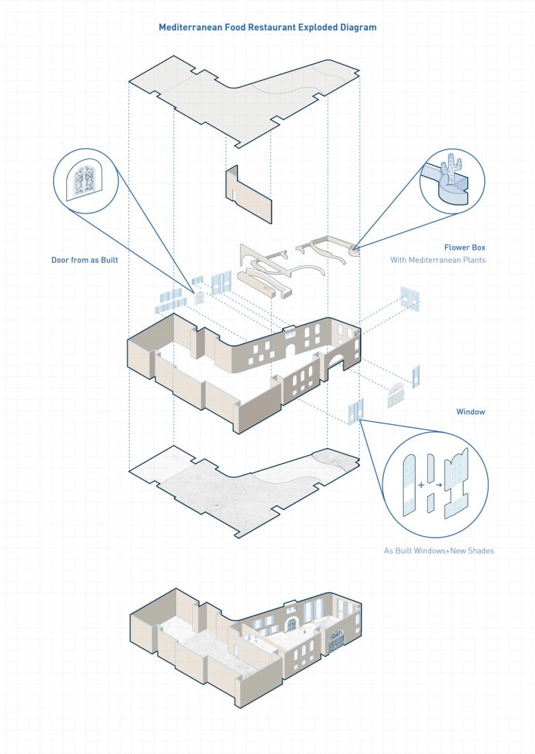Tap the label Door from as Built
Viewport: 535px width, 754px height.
pyautogui.click(x=85, y=260)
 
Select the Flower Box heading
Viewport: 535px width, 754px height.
pyautogui.click(x=465, y=247)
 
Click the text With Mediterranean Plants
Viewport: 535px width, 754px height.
pyautogui.click(x=438, y=260)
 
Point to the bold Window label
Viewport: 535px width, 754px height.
pyautogui.click(x=471, y=412)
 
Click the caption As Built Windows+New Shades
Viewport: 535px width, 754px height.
pyautogui.click(x=438, y=551)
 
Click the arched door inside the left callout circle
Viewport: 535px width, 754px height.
pyautogui.click(x=85, y=180)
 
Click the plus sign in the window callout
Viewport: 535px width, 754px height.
pyautogui.click(x=422, y=485)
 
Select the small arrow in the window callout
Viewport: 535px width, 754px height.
pyautogui.click(x=438, y=485)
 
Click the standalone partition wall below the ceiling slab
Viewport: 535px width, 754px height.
pyautogui.click(x=249, y=194)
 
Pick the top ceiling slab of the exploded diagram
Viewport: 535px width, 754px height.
pyautogui.click(x=245, y=96)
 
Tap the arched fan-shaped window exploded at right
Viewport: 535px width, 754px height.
pyautogui.click(x=396, y=395)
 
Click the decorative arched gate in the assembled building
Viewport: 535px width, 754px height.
pyautogui.click(x=336, y=641)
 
